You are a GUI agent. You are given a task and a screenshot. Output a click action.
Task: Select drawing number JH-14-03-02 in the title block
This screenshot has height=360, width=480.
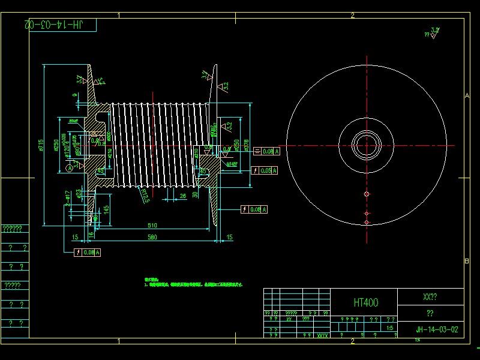(x=437, y=329)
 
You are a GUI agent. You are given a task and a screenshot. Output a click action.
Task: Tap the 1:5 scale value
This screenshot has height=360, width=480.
(x=390, y=328)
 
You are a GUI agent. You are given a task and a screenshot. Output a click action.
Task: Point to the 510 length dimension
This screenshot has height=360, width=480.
(x=152, y=226)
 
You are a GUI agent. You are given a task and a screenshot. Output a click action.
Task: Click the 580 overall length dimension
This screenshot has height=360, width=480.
(x=152, y=238)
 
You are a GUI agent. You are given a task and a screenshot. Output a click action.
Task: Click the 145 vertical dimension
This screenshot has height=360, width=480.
(x=106, y=209)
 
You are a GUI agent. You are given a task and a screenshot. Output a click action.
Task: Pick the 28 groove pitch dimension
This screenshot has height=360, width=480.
(x=182, y=196)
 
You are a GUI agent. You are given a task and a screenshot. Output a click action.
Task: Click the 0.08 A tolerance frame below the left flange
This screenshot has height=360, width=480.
(x=87, y=253)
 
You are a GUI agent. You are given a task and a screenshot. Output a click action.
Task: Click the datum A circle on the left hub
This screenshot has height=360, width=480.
(x=70, y=169)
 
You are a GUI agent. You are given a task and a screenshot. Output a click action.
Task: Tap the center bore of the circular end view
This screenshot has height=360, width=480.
(x=366, y=146)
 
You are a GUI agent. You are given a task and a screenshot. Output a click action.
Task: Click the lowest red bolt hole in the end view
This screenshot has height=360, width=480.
(x=366, y=223)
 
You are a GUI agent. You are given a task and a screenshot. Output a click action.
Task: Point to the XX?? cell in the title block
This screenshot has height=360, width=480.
(x=430, y=297)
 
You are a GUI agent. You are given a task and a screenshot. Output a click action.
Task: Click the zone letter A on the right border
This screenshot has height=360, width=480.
(x=466, y=95)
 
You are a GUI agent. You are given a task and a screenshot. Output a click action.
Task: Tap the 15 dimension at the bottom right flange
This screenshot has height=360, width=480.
(x=230, y=238)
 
